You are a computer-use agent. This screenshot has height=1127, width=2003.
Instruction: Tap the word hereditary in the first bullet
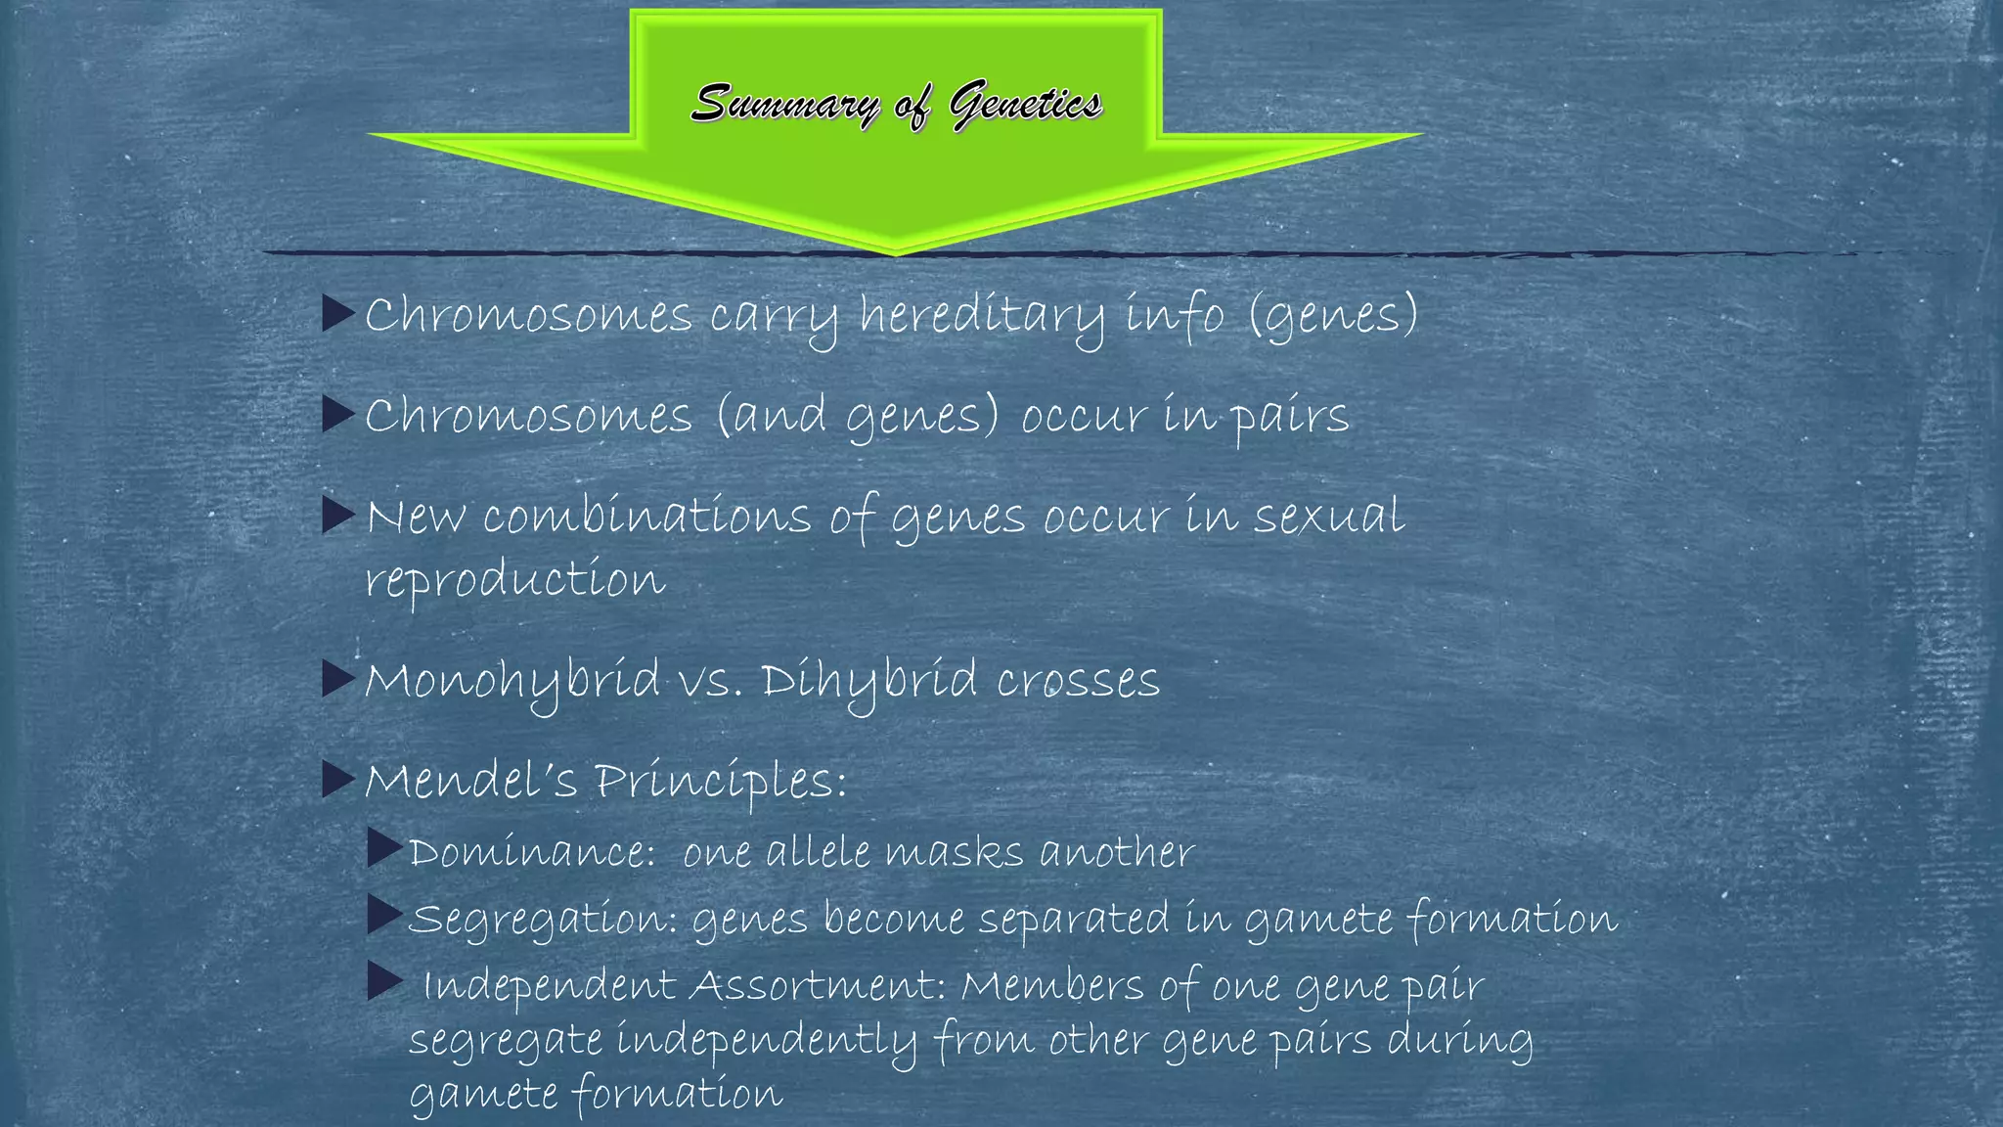coord(982,316)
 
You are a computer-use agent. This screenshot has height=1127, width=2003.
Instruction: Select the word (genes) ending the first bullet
coord(1333,316)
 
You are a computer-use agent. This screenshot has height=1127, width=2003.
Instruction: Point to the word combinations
coord(646,517)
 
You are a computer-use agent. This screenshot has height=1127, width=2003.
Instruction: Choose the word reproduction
coord(515,580)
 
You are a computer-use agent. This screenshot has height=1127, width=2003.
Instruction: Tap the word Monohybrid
coord(512,681)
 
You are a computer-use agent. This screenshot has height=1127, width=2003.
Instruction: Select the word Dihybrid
coord(869,681)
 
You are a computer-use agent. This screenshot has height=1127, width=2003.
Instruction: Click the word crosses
coord(1078,681)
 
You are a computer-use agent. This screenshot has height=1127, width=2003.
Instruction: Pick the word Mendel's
coord(470,781)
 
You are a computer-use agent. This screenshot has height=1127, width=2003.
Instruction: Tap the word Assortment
coord(818,985)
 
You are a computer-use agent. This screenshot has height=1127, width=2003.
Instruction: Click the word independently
coord(767,1040)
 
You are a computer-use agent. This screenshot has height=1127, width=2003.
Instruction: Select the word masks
coord(954,852)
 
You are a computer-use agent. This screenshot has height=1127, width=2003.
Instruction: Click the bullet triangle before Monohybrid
coord(337,679)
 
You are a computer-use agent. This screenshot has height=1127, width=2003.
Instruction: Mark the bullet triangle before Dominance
coord(384,849)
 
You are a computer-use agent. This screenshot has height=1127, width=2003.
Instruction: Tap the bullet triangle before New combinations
coord(337,515)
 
